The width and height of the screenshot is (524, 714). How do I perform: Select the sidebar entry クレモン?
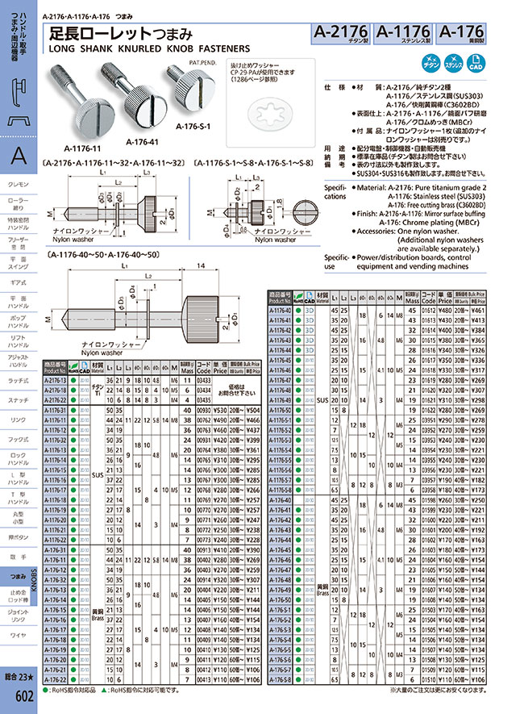(18, 185)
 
